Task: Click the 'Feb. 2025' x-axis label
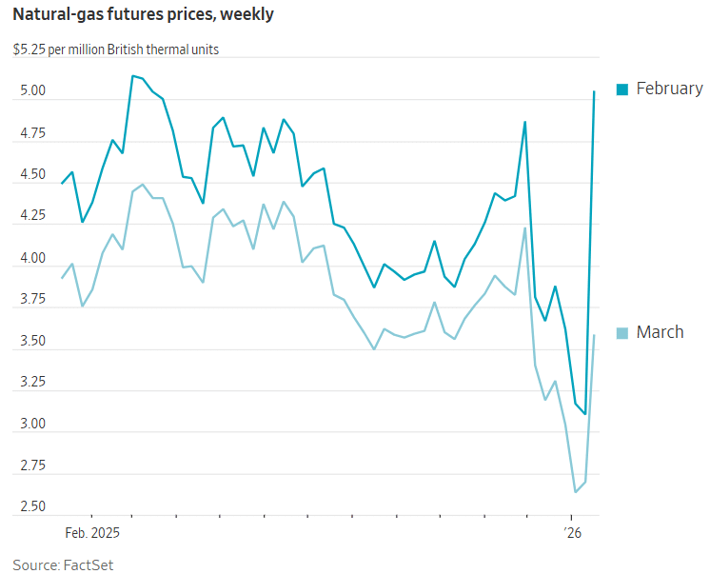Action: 93,532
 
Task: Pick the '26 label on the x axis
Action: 571,532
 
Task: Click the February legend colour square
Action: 622,89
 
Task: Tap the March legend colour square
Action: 622,333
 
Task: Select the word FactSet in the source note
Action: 88,564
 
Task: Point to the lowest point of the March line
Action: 576,492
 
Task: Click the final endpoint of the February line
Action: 595,91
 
